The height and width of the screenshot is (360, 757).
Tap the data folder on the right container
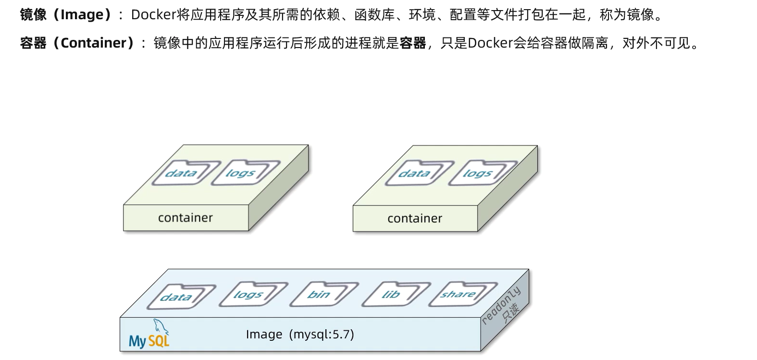(416, 173)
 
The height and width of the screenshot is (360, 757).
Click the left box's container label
(185, 218)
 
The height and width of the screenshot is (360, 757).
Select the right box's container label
(414, 219)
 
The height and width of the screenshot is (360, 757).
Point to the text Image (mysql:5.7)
(300, 335)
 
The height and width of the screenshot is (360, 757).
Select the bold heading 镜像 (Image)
(65, 15)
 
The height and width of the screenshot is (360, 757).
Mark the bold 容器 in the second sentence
(413, 43)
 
